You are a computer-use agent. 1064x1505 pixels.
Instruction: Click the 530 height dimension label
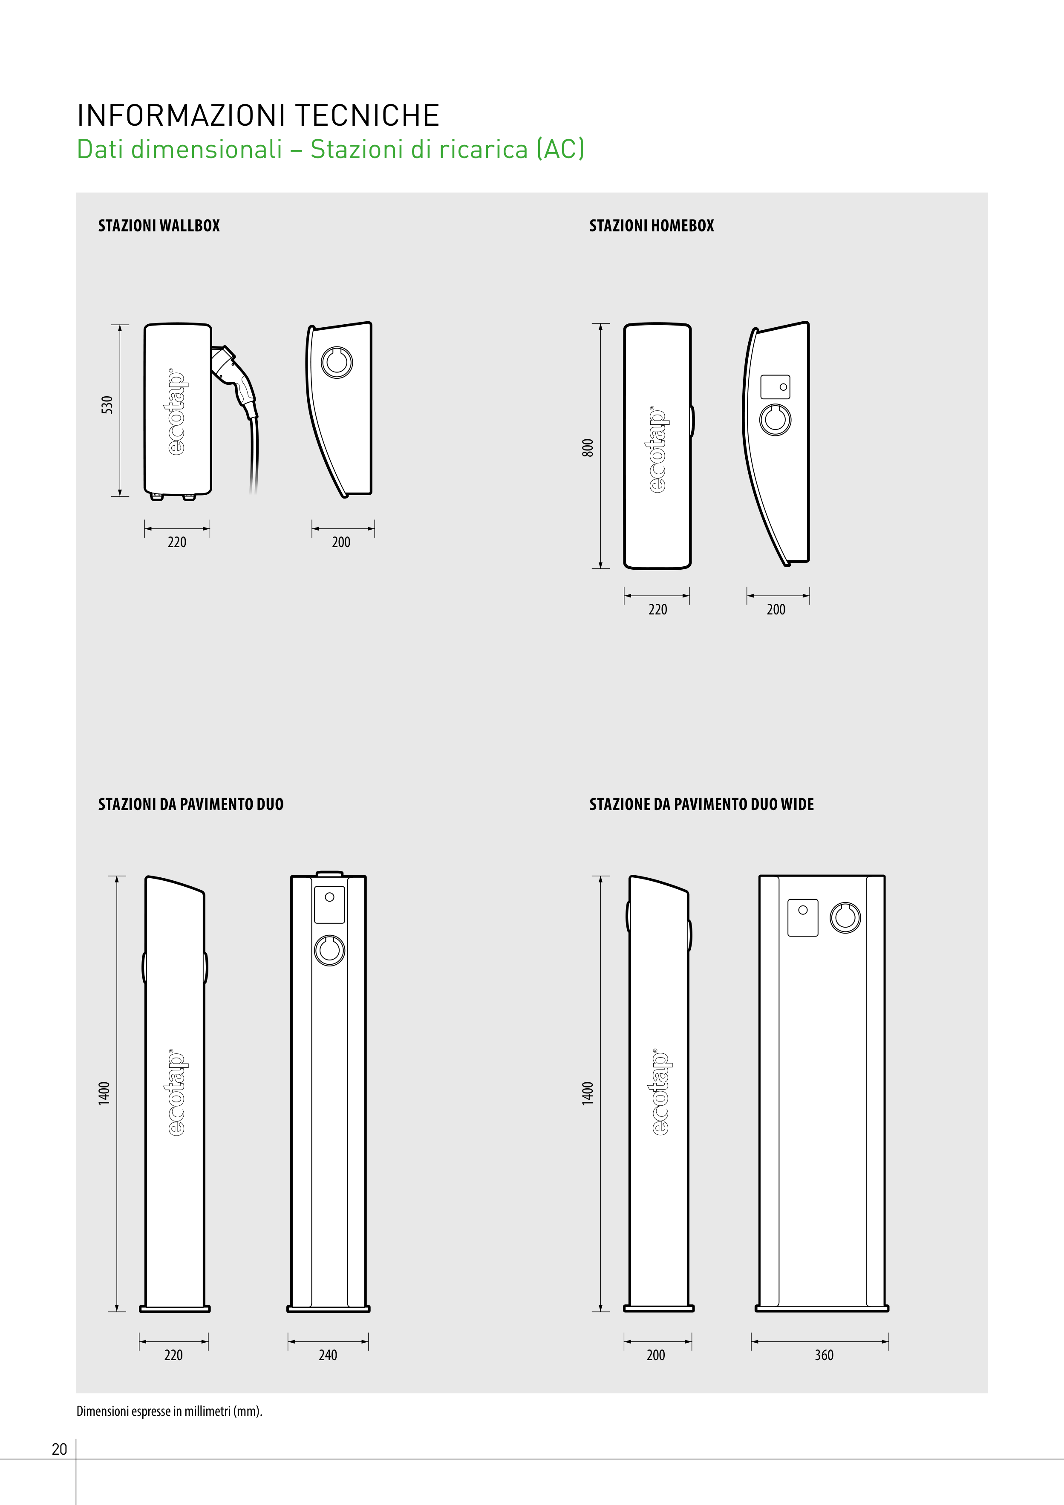tap(107, 405)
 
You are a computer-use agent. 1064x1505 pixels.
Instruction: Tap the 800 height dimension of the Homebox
tap(588, 448)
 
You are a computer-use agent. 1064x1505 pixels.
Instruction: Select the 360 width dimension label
tap(824, 1355)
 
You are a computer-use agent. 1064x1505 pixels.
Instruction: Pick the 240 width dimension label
tap(328, 1355)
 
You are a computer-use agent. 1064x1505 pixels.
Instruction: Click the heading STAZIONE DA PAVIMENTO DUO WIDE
tap(701, 804)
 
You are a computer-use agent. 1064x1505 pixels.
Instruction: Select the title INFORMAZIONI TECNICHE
tap(258, 115)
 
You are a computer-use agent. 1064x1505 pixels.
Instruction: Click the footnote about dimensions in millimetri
tap(169, 1411)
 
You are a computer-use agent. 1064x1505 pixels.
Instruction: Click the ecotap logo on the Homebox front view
tap(657, 449)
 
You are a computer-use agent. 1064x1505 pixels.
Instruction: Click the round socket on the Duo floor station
tap(329, 951)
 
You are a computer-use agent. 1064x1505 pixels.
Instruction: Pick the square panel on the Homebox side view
tap(776, 387)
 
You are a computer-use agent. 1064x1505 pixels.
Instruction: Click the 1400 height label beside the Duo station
tap(104, 1093)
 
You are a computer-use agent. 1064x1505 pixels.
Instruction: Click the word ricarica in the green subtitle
tap(483, 150)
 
